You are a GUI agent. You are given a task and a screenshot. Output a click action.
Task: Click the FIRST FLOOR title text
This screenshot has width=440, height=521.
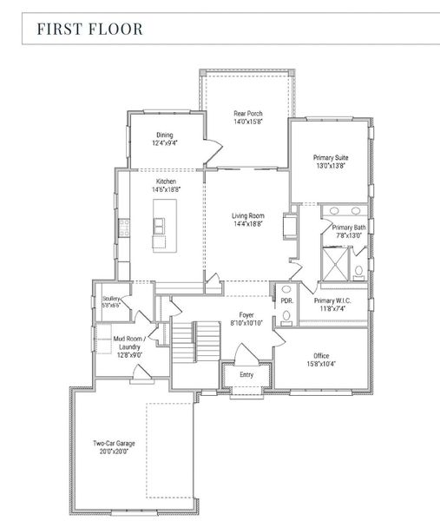tap(89, 29)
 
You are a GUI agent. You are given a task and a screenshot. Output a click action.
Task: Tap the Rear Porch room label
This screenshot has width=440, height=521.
tap(247, 114)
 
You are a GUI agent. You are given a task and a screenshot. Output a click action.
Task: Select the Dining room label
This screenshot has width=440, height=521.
tap(165, 135)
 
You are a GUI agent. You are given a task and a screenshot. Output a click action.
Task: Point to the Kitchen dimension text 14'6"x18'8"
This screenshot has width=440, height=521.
tap(166, 189)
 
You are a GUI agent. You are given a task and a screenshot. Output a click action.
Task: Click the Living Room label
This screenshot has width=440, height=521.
tap(247, 215)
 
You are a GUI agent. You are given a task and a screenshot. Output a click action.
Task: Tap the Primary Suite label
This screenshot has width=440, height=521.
tap(331, 158)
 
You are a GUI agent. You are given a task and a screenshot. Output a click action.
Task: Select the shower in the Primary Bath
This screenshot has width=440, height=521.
tap(336, 260)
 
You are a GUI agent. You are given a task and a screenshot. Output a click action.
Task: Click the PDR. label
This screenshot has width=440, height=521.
tap(286, 300)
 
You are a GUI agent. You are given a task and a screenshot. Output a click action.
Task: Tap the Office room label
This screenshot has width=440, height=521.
tap(320, 356)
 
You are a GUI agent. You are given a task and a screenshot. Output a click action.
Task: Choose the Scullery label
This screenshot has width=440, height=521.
tap(110, 298)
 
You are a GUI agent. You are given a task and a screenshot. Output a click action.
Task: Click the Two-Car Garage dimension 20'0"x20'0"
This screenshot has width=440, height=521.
tap(114, 452)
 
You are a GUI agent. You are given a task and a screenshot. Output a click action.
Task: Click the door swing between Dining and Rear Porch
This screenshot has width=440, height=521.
tap(209, 149)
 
